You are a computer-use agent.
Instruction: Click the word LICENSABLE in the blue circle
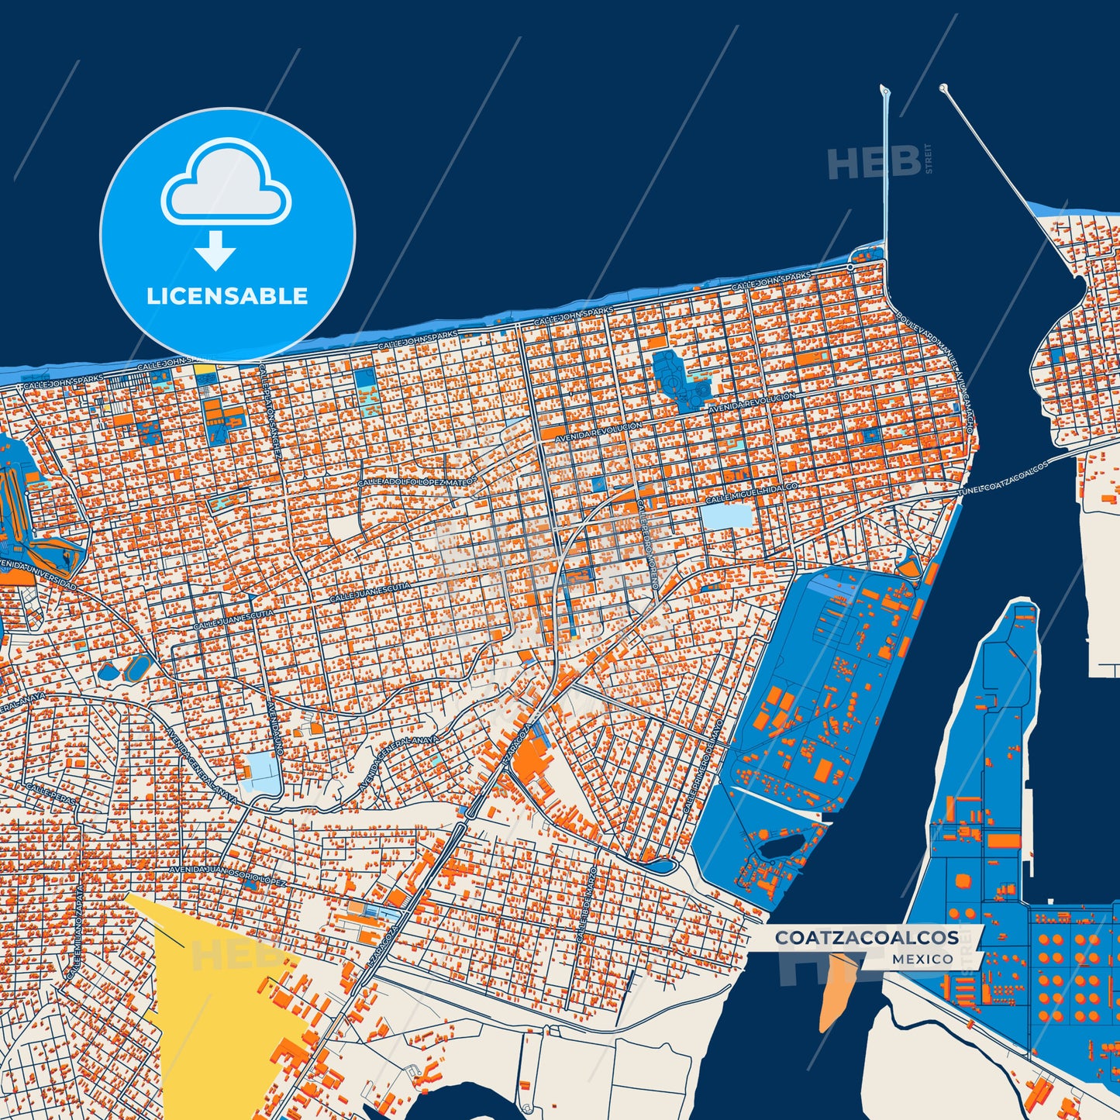coord(227,296)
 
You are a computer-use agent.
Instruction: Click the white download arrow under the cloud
coord(215,250)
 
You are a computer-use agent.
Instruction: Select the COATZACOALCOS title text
coord(867,937)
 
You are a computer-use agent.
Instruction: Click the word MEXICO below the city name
coord(922,960)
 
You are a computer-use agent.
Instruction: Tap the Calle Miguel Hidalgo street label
coord(751,491)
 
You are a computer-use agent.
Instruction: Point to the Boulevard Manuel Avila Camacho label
coord(936,364)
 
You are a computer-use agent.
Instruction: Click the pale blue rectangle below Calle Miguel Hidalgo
coord(725,516)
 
